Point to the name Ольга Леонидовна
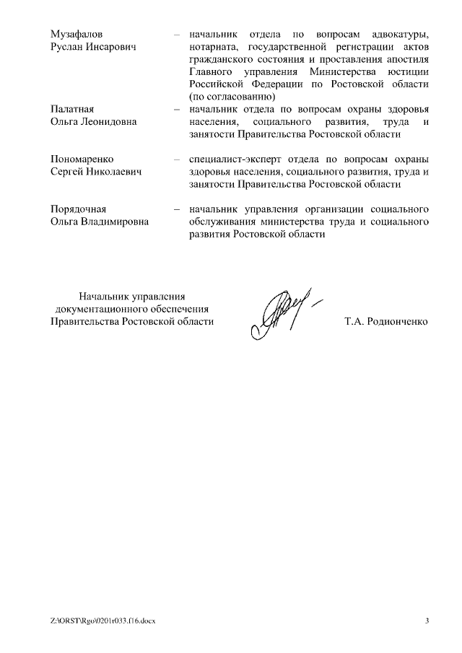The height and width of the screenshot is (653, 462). point(93,121)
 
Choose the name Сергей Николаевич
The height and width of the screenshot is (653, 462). point(95,171)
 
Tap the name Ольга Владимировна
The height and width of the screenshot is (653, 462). point(99,221)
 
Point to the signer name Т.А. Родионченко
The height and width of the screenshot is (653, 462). point(387,322)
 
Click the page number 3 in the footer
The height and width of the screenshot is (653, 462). point(427,621)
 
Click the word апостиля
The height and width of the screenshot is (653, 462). point(410,59)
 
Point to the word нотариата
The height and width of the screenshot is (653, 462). point(212,47)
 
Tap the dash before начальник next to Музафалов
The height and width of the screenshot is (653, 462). point(176,35)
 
